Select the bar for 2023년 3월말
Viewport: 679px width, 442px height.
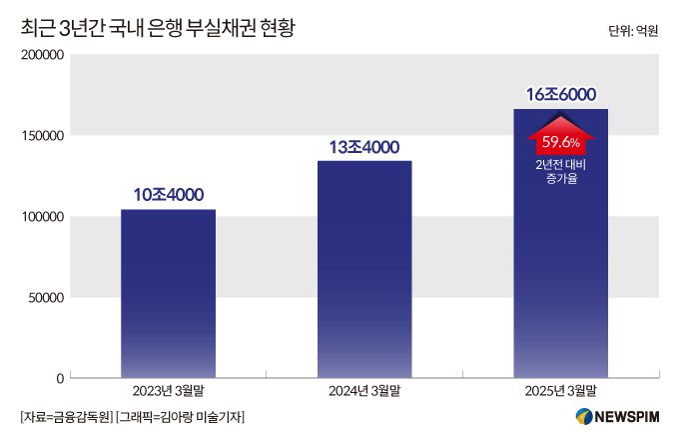pos(168,295)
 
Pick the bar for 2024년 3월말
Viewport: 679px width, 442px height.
pos(364,270)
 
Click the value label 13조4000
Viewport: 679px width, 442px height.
pos(364,146)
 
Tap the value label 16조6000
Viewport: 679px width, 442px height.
pos(560,95)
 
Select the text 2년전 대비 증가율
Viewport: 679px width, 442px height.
pos(560,171)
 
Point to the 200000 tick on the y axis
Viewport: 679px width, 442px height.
pos(41,55)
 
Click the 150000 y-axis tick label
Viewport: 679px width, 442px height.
pos(41,136)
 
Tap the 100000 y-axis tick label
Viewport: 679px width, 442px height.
pos(41,217)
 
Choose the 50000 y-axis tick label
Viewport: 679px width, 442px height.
pos(45,298)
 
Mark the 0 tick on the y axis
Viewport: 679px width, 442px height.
pos(60,379)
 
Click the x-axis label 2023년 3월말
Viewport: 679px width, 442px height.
pos(168,390)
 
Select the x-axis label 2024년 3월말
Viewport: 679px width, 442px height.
pos(364,390)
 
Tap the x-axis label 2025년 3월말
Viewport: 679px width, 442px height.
pos(560,390)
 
